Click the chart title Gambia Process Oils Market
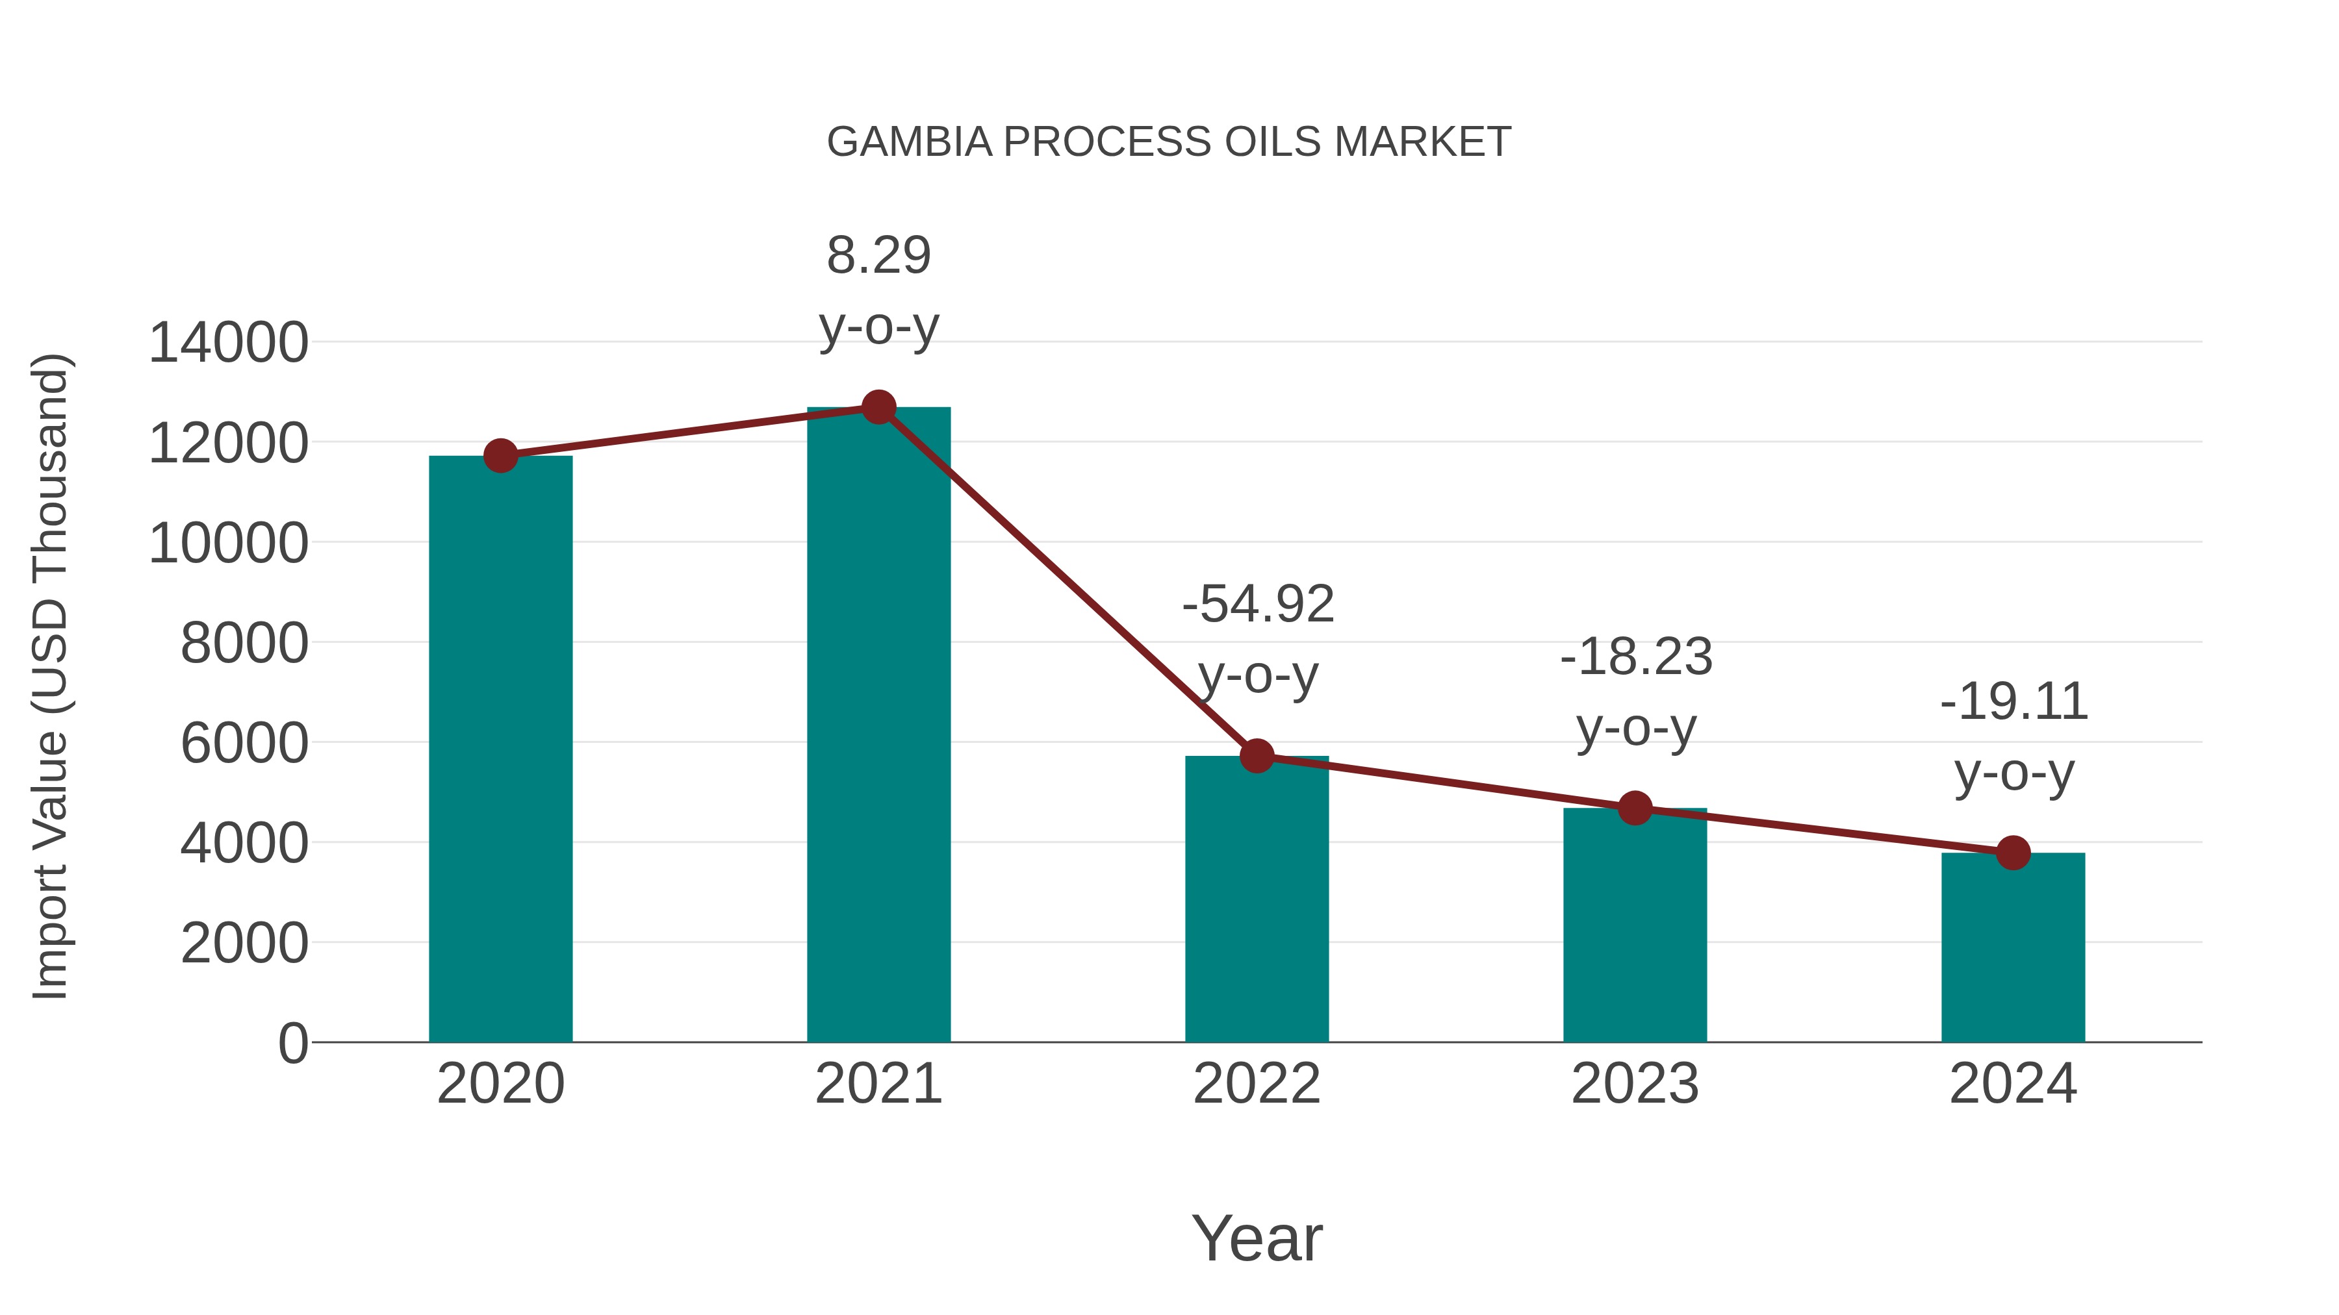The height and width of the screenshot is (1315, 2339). coord(1169,142)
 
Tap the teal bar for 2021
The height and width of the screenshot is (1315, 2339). coord(878,726)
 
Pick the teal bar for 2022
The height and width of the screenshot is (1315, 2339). coord(1257,899)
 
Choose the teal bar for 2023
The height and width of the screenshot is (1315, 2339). coord(1635,925)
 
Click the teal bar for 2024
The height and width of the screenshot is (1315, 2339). coord(2013,947)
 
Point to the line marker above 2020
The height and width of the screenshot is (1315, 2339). coord(500,456)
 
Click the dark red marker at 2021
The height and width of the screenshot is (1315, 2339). coord(878,407)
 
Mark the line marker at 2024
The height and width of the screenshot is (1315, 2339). coord(2013,853)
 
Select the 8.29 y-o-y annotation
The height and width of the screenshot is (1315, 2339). coord(878,290)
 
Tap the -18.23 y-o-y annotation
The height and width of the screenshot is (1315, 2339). coord(1635,692)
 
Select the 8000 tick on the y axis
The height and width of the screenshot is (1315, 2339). coord(244,644)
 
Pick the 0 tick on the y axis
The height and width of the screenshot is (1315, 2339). coord(293,1043)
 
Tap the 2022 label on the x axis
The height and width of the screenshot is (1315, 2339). coord(1257,1084)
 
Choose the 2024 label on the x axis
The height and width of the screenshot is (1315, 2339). coord(2013,1084)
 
